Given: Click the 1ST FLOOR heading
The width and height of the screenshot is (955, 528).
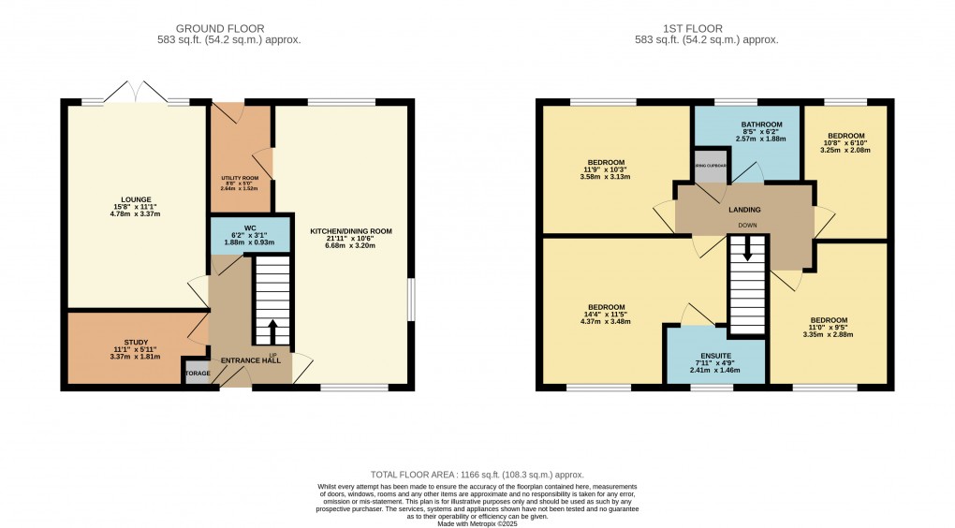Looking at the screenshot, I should pos(707,29).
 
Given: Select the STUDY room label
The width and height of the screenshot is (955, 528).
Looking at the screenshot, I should pos(136,342).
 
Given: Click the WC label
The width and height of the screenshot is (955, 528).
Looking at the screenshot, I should pos(239,227).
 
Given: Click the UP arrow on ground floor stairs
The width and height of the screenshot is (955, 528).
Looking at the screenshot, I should pos(273,330).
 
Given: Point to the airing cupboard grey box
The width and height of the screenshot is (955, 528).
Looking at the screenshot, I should pos(710,166).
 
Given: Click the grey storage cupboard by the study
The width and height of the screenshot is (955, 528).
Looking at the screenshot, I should pos(198,373).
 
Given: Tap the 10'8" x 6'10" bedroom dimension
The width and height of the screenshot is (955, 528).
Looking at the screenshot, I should pos(845,142).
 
